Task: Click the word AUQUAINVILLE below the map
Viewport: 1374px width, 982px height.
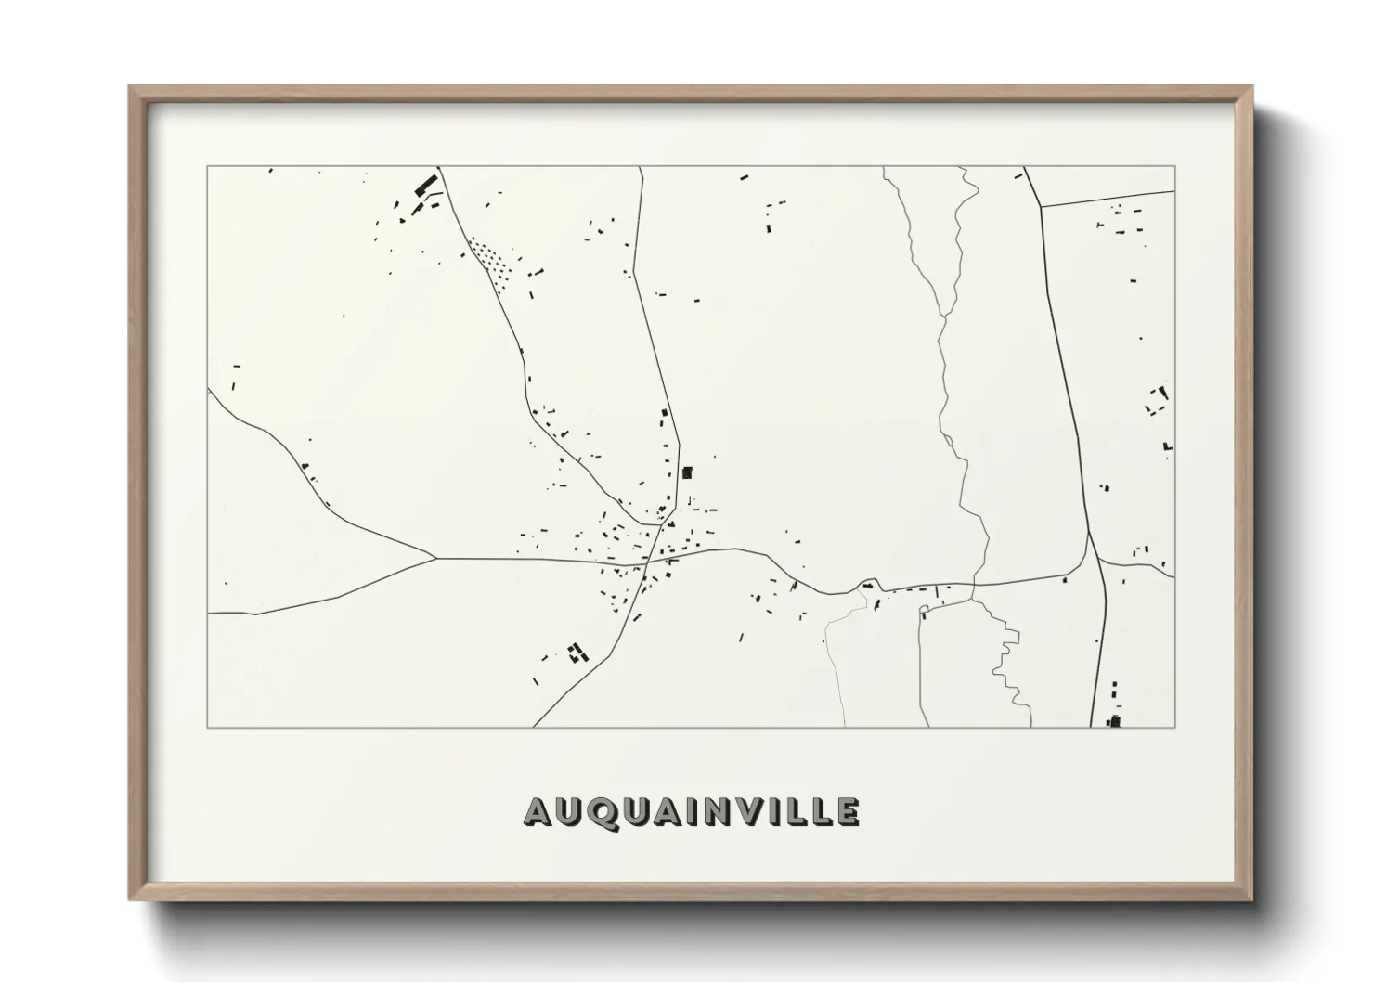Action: [692, 811]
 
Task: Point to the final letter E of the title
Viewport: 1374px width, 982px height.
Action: [847, 811]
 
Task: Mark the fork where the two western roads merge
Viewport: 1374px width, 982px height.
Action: [436, 558]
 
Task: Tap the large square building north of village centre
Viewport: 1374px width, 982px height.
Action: [687, 472]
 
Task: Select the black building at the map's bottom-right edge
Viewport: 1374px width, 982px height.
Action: [1115, 719]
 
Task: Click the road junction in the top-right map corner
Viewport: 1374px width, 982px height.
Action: [1040, 205]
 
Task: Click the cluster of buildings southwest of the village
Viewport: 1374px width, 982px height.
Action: [577, 652]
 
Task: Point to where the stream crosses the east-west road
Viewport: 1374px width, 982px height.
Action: [973, 585]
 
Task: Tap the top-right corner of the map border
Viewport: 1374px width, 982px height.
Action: [1174, 166]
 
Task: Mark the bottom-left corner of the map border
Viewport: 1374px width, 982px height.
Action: [208, 727]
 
